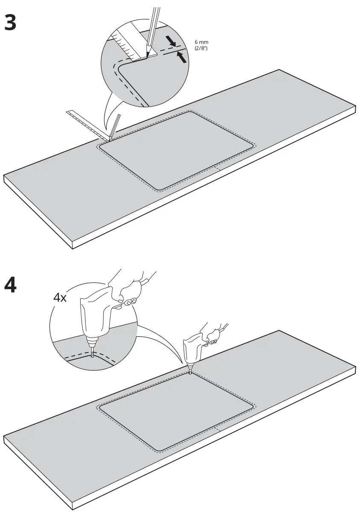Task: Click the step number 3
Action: (x=10, y=22)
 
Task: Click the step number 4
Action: (x=10, y=285)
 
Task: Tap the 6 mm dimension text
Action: (x=201, y=42)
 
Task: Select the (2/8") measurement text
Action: (x=201, y=48)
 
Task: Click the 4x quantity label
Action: (x=60, y=297)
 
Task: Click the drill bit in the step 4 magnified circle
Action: (x=92, y=350)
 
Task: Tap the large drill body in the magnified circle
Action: (x=95, y=316)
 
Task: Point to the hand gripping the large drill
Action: (x=126, y=290)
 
